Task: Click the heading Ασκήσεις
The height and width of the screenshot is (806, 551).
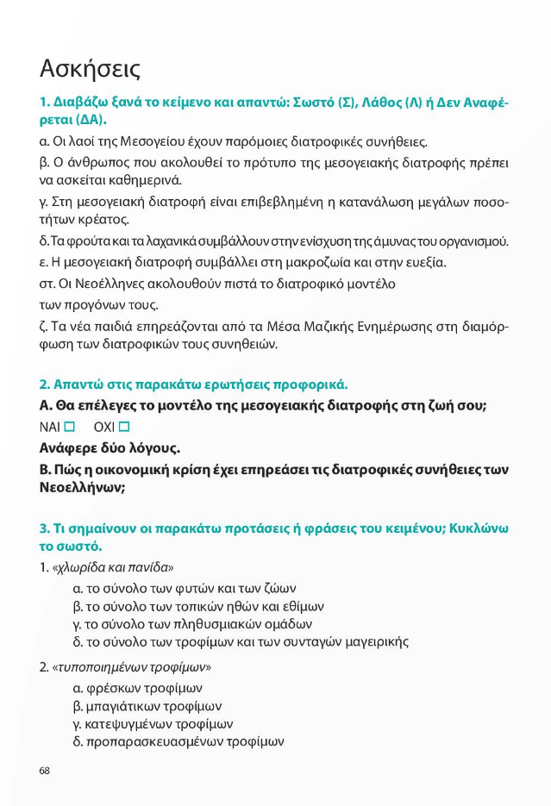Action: pos(90,68)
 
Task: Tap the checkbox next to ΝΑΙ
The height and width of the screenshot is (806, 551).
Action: pos(70,427)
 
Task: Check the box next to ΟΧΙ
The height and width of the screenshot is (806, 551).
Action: pos(124,427)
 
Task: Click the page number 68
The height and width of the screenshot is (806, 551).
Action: pos(45,770)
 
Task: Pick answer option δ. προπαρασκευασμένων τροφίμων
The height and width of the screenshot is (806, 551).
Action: pos(178,741)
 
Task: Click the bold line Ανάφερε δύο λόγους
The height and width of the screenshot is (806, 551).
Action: pos(98,448)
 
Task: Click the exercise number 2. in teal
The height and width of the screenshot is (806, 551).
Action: pos(44,384)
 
